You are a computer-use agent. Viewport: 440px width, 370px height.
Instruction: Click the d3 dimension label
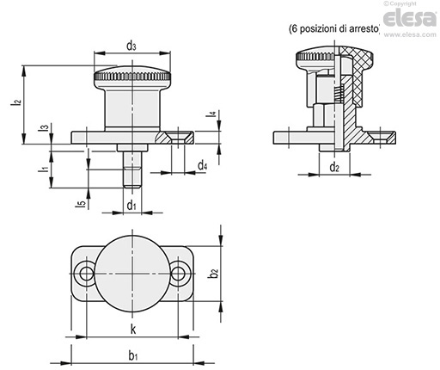(131, 46)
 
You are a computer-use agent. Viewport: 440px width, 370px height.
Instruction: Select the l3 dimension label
(44, 128)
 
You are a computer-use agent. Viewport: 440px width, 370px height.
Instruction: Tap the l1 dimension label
(44, 169)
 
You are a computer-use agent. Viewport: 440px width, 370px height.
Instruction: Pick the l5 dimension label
(82, 203)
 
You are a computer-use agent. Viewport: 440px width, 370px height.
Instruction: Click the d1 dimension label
(131, 206)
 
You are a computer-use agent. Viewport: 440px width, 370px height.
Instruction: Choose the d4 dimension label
(203, 165)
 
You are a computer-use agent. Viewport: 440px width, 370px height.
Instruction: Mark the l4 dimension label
(211, 114)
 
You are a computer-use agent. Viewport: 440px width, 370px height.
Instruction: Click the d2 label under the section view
(334, 167)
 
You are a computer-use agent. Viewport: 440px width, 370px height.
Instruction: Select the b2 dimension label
(214, 273)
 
